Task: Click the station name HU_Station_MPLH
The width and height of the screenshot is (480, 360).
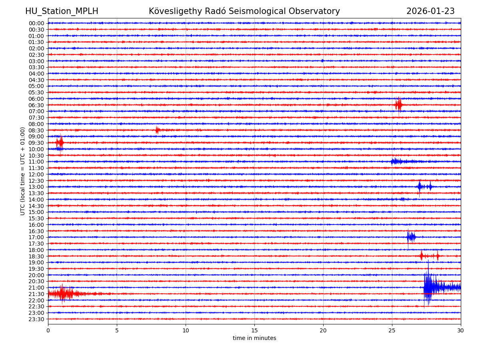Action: (x=62, y=11)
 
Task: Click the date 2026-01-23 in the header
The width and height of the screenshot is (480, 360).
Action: (x=430, y=11)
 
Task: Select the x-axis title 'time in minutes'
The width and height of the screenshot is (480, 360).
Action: (x=254, y=338)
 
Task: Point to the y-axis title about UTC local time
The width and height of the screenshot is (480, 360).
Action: (x=23, y=171)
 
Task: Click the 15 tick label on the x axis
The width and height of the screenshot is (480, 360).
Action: (x=254, y=331)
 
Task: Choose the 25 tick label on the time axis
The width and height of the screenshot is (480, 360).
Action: (x=392, y=331)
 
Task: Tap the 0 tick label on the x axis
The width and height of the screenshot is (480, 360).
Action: (x=48, y=331)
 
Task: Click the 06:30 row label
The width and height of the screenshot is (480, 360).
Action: (x=36, y=105)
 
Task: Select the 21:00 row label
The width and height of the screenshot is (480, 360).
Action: (x=36, y=288)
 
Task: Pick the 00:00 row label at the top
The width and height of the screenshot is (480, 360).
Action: (x=36, y=23)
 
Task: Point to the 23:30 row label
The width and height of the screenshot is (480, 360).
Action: (x=36, y=319)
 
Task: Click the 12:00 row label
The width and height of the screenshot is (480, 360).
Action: (x=36, y=174)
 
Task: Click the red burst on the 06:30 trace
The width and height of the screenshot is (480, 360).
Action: (x=398, y=105)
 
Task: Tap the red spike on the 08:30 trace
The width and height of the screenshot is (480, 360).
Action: (x=157, y=130)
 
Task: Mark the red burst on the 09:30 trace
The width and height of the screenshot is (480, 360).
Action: (x=60, y=142)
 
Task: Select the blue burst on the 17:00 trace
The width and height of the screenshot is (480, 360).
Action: (x=411, y=237)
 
